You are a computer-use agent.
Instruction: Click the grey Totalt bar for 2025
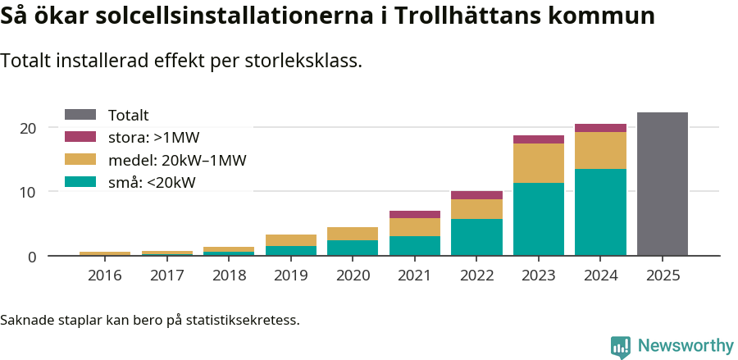tap(662, 184)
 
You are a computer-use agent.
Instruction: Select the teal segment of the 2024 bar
tap(600, 212)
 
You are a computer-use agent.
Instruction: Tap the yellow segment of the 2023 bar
tap(539, 163)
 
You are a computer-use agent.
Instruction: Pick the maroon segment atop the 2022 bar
tap(476, 195)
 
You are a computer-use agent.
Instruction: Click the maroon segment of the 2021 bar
tap(415, 215)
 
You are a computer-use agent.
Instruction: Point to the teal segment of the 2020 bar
tap(353, 248)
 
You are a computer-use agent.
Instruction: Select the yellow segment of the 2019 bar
tap(291, 240)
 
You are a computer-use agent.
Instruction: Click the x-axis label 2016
tap(105, 276)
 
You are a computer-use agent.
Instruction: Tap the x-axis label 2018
tap(229, 276)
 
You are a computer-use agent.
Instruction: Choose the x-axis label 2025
tap(662, 276)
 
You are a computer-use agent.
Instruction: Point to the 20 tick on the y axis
tap(29, 128)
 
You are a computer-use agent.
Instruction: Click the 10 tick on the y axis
tap(29, 192)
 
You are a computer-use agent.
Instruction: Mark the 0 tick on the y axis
tap(32, 257)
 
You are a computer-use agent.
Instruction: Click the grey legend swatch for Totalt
tap(80, 116)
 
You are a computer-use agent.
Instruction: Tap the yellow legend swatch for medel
tap(80, 160)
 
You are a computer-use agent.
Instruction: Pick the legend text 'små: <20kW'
tap(152, 182)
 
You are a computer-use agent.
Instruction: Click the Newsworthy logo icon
tap(621, 347)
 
